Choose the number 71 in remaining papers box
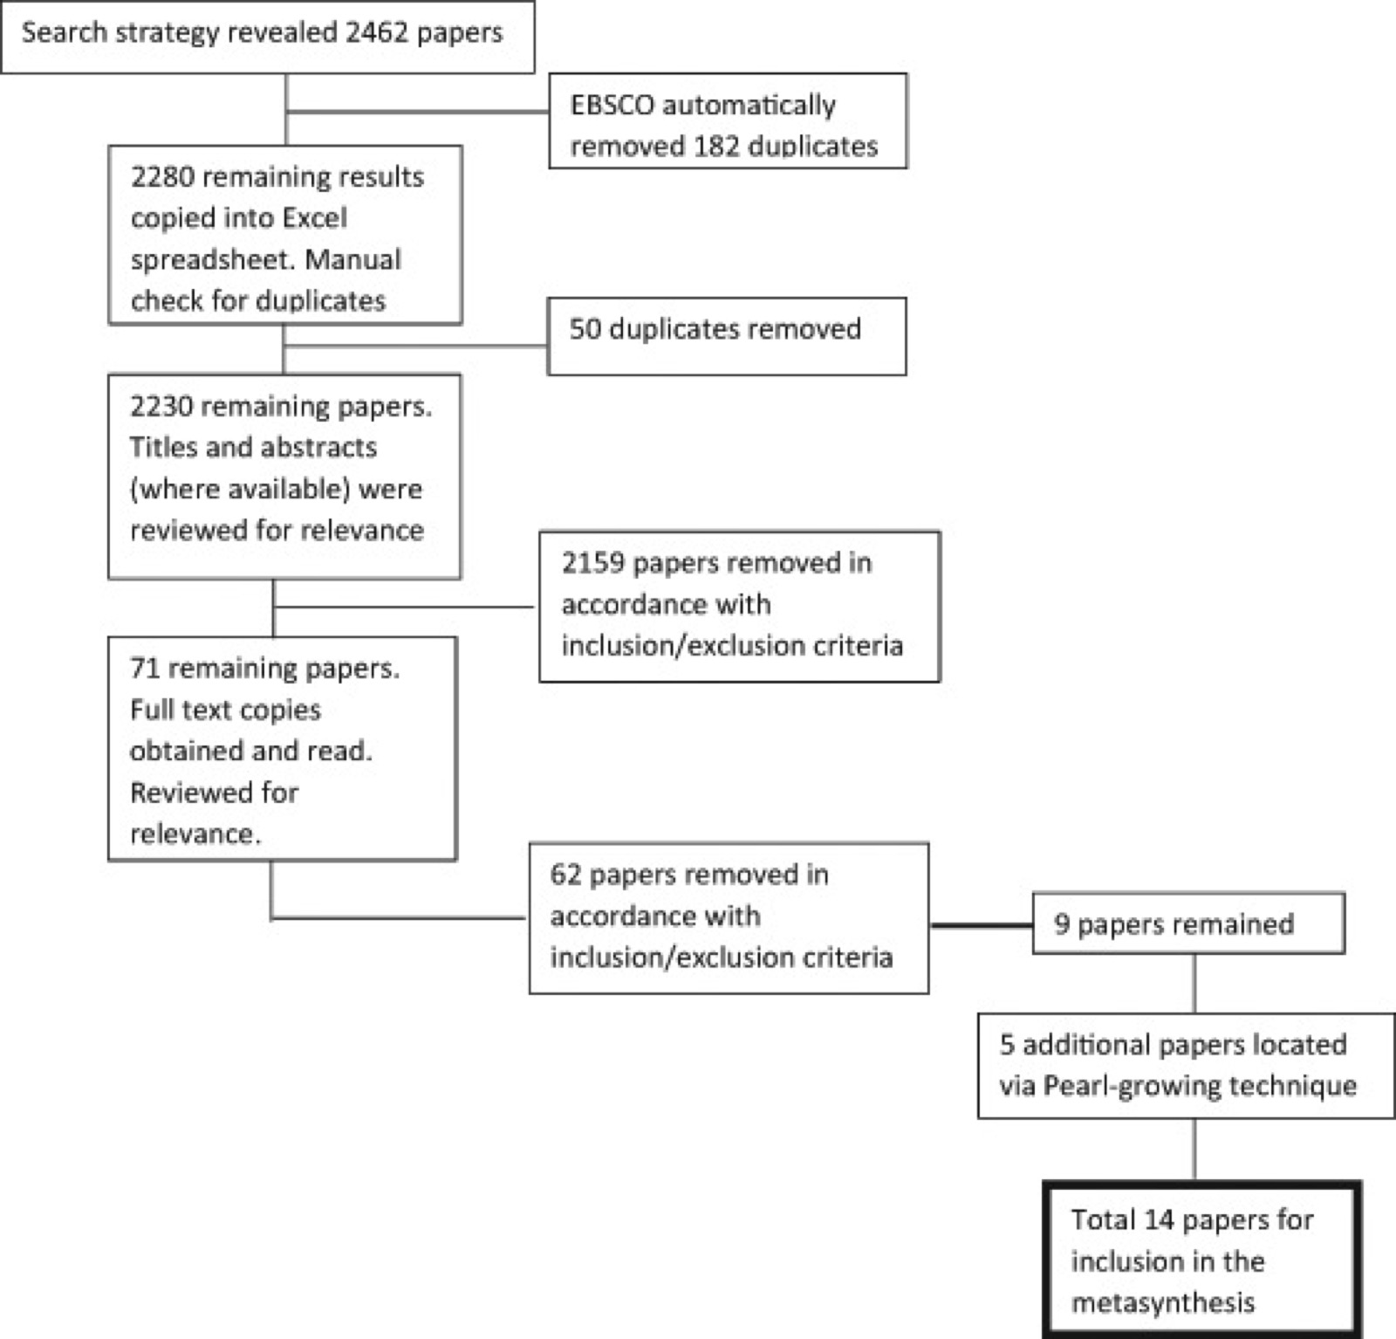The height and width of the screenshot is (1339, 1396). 145,669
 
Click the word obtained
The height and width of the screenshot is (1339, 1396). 186,751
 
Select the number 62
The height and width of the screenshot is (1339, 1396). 565,875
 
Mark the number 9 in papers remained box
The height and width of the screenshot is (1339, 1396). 1062,924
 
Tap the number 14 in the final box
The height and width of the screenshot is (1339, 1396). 1159,1219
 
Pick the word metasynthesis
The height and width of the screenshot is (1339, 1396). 1163,1302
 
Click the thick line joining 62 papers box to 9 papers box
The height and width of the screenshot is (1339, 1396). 981,925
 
